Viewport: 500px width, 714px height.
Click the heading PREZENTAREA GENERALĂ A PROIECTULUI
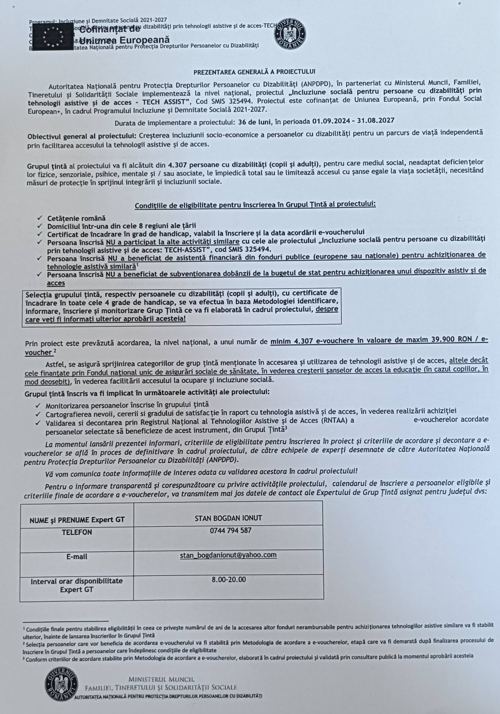pyautogui.click(x=254, y=72)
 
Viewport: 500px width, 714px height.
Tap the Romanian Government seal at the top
pyautogui.click(x=290, y=34)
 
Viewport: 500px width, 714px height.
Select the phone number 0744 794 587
pyautogui.click(x=230, y=530)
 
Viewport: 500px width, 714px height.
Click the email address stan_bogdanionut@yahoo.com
pyautogui.click(x=228, y=555)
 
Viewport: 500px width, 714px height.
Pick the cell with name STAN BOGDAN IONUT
pyautogui.click(x=228, y=518)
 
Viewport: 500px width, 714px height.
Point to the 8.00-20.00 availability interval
pyautogui.click(x=229, y=579)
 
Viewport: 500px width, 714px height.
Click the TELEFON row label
pyautogui.click(x=77, y=532)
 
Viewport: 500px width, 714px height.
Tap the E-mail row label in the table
pyautogui.click(x=77, y=557)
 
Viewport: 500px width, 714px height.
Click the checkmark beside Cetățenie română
pyautogui.click(x=39, y=218)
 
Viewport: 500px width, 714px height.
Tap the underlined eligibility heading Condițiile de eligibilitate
pyautogui.click(x=255, y=205)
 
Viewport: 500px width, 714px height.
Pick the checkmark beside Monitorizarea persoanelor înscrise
pyautogui.click(x=38, y=405)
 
